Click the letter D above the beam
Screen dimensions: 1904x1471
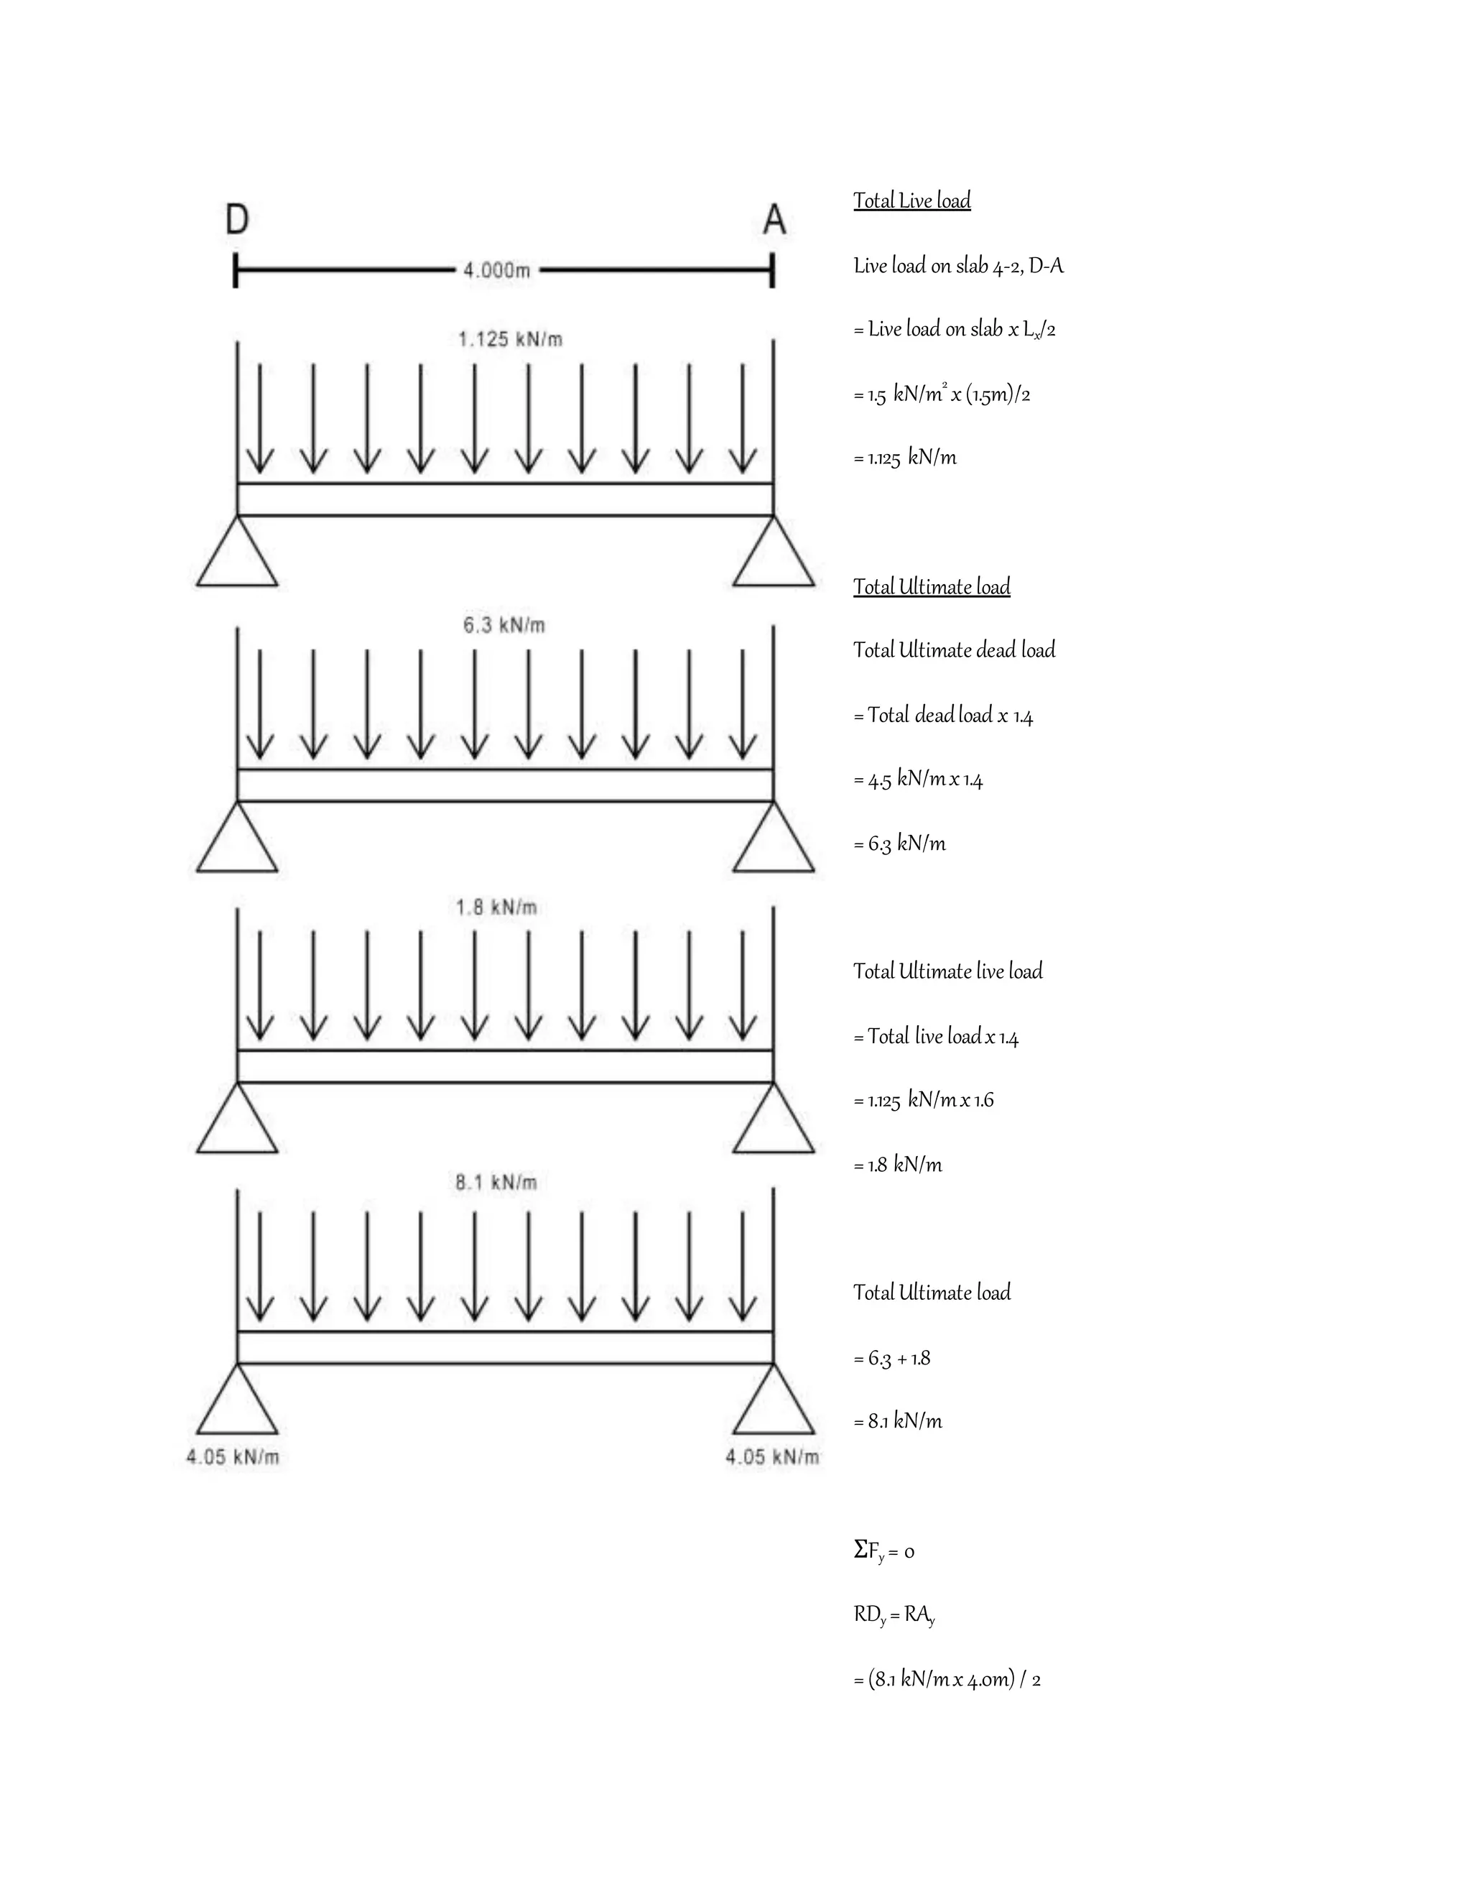(x=237, y=220)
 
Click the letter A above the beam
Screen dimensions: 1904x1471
(x=774, y=220)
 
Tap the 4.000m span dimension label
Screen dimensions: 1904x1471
(x=497, y=270)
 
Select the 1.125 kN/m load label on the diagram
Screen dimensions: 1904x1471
(x=510, y=339)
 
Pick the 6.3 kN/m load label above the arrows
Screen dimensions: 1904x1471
(x=504, y=625)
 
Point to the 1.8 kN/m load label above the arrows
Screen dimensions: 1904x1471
(x=496, y=907)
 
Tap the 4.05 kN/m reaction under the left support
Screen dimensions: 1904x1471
(x=233, y=1457)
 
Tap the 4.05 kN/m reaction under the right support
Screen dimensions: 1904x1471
(x=773, y=1457)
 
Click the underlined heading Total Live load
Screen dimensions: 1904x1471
(x=911, y=201)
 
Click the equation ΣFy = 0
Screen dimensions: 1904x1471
(x=883, y=1551)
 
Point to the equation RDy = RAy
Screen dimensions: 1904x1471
(x=894, y=1615)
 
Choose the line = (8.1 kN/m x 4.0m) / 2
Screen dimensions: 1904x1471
(x=947, y=1679)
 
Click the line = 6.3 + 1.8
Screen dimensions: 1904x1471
(x=892, y=1358)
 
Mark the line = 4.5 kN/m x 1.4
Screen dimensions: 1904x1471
(x=919, y=780)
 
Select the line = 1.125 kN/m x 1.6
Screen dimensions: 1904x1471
(x=924, y=1100)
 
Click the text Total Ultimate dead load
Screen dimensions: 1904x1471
(x=955, y=650)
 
